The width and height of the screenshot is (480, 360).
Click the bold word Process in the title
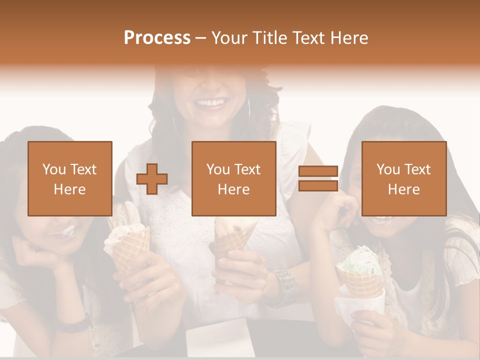157,38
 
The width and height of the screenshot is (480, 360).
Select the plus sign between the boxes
152,179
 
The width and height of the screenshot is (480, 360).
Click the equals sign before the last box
318,179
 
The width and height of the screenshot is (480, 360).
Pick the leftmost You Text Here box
70,178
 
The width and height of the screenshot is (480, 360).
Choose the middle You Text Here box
234,178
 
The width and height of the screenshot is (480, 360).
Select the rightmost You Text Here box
404,178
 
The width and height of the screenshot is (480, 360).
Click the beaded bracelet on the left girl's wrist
72,325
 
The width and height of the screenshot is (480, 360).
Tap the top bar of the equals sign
318,171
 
